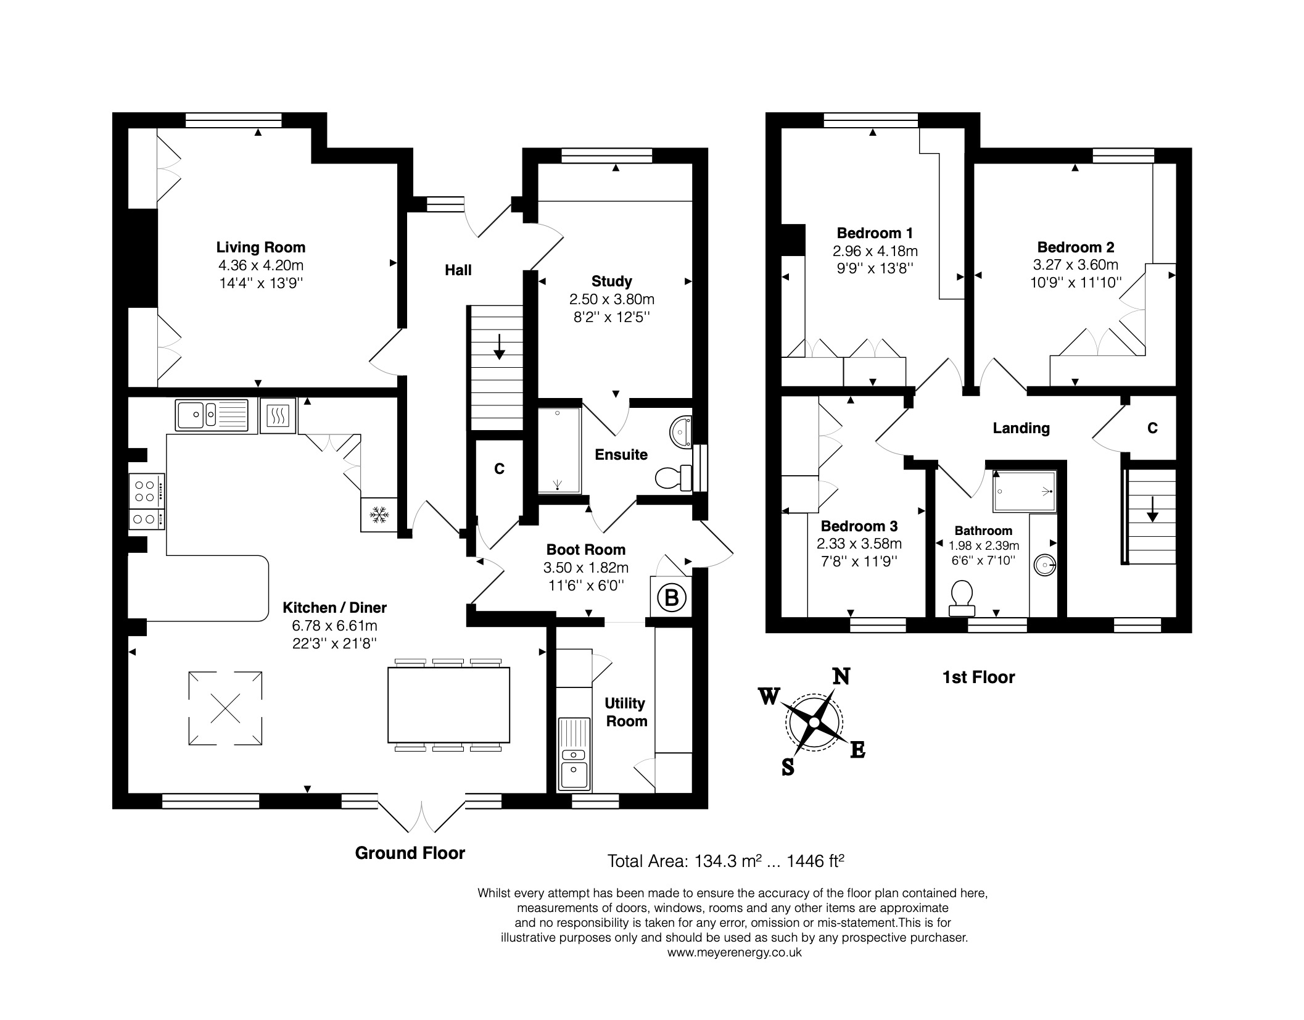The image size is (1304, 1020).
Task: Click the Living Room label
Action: [260, 247]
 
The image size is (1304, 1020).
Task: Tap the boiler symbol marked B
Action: [672, 597]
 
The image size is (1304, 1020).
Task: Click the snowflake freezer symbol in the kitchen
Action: [379, 514]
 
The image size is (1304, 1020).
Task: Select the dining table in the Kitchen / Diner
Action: [448, 705]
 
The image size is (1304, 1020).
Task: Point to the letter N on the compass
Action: [841, 676]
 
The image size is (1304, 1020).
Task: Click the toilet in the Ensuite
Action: [674, 478]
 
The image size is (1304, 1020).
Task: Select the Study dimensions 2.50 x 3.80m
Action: [611, 299]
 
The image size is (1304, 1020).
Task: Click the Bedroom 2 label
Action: [1076, 247]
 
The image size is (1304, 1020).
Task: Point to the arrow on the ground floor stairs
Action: [499, 347]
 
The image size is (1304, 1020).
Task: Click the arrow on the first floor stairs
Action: [1151, 510]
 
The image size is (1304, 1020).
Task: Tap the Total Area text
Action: [725, 861]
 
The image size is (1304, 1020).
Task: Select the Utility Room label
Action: [625, 712]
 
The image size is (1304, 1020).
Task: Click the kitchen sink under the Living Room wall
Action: [212, 414]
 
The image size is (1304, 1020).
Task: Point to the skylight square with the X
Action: [225, 708]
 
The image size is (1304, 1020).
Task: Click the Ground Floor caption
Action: [410, 853]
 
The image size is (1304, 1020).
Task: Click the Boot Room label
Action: [585, 549]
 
